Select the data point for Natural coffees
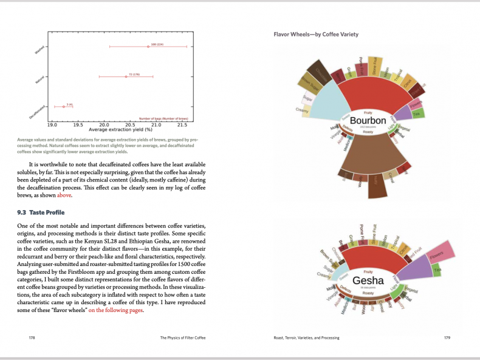coord(126,76)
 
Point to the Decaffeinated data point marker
coord(63,106)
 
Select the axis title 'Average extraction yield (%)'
coord(120,129)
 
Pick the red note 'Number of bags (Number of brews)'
coord(163,118)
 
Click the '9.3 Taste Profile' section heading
coord(41,212)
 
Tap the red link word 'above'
coord(64,195)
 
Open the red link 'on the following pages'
coord(115,311)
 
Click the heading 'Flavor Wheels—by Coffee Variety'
coord(316,35)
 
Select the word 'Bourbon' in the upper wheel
coord(368,121)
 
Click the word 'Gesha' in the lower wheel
coord(368,280)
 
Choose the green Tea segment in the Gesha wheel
coord(437,269)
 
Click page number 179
coord(447,338)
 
